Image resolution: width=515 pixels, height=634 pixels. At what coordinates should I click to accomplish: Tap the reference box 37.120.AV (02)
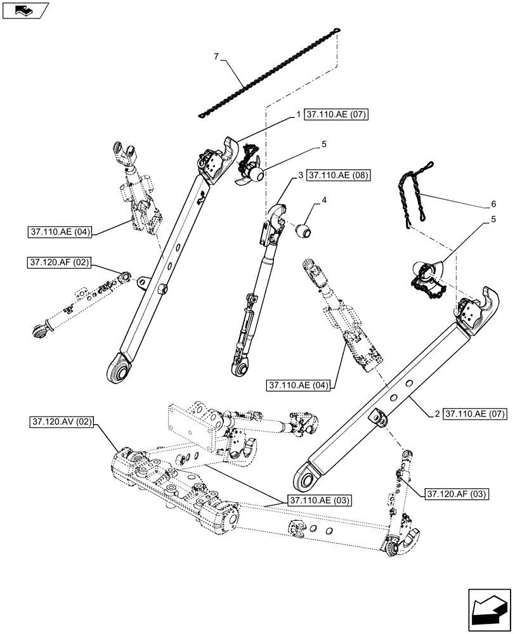coord(62,422)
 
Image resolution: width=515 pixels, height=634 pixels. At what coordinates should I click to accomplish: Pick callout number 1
coord(297,115)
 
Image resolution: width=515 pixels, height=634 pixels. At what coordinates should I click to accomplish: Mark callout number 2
coord(437,414)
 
